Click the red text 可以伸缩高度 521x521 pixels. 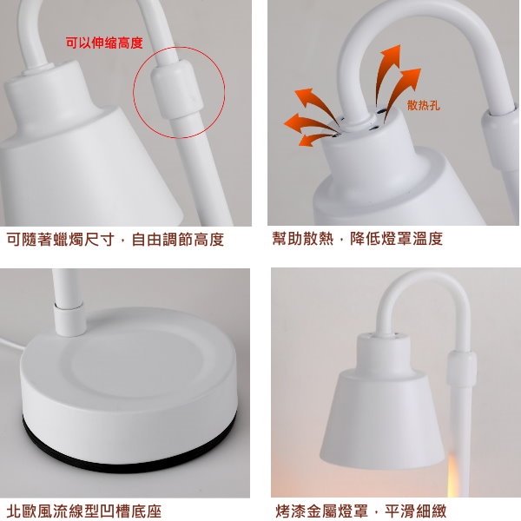[104, 43]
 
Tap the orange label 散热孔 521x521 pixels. [424, 105]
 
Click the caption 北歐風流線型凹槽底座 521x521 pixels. [83, 511]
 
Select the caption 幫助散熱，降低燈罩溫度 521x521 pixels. [358, 239]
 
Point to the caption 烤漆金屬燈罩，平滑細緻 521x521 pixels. [361, 511]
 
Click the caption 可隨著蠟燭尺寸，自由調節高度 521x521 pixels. [115, 240]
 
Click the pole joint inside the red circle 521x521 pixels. [177, 89]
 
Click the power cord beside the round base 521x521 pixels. [12, 345]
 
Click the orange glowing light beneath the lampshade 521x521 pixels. [452, 475]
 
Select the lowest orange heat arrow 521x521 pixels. [316, 140]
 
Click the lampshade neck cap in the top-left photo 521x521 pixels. [48, 89]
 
